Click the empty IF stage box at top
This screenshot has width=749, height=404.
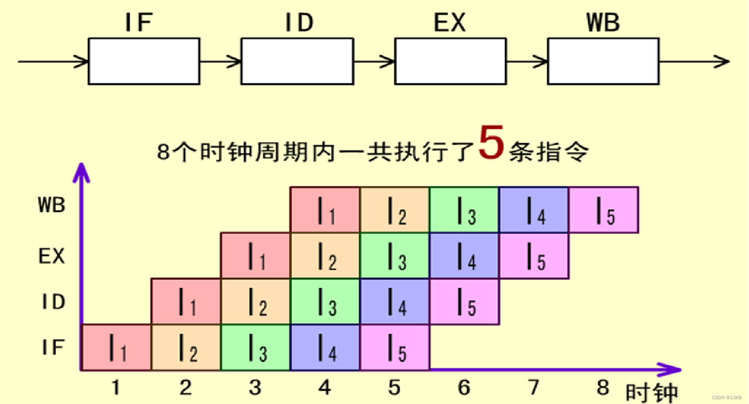(x=144, y=61)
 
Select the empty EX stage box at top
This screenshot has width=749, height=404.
(x=450, y=61)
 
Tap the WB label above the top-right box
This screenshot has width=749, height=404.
(x=603, y=22)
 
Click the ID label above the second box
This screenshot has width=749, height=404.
(x=299, y=22)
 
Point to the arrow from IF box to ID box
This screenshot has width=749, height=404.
(x=220, y=62)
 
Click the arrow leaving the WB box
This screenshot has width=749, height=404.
(x=694, y=61)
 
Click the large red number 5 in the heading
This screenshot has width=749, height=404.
(x=491, y=142)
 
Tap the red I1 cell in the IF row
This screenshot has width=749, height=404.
(x=116, y=348)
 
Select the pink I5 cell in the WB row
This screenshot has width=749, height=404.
(x=604, y=210)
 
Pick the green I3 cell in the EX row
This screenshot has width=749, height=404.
(x=394, y=256)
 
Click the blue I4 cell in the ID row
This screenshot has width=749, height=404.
(x=394, y=301)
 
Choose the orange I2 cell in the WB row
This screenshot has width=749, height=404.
(x=394, y=210)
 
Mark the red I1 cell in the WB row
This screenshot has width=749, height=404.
(x=325, y=210)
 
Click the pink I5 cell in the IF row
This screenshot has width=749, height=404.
(x=394, y=348)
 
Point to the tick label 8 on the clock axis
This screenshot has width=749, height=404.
(x=603, y=387)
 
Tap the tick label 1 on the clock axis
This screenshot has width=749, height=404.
(x=116, y=387)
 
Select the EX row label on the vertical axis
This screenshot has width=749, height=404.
(x=52, y=256)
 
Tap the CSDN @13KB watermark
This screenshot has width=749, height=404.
(x=727, y=398)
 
